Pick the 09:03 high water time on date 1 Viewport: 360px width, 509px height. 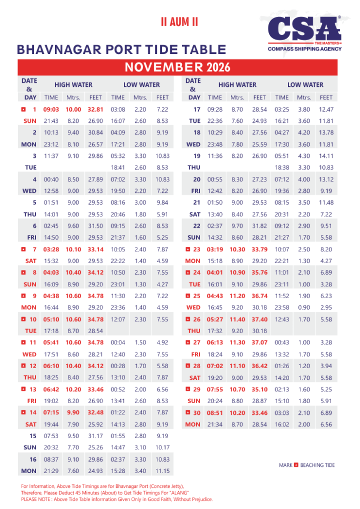51,110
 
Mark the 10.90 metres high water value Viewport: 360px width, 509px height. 237,271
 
